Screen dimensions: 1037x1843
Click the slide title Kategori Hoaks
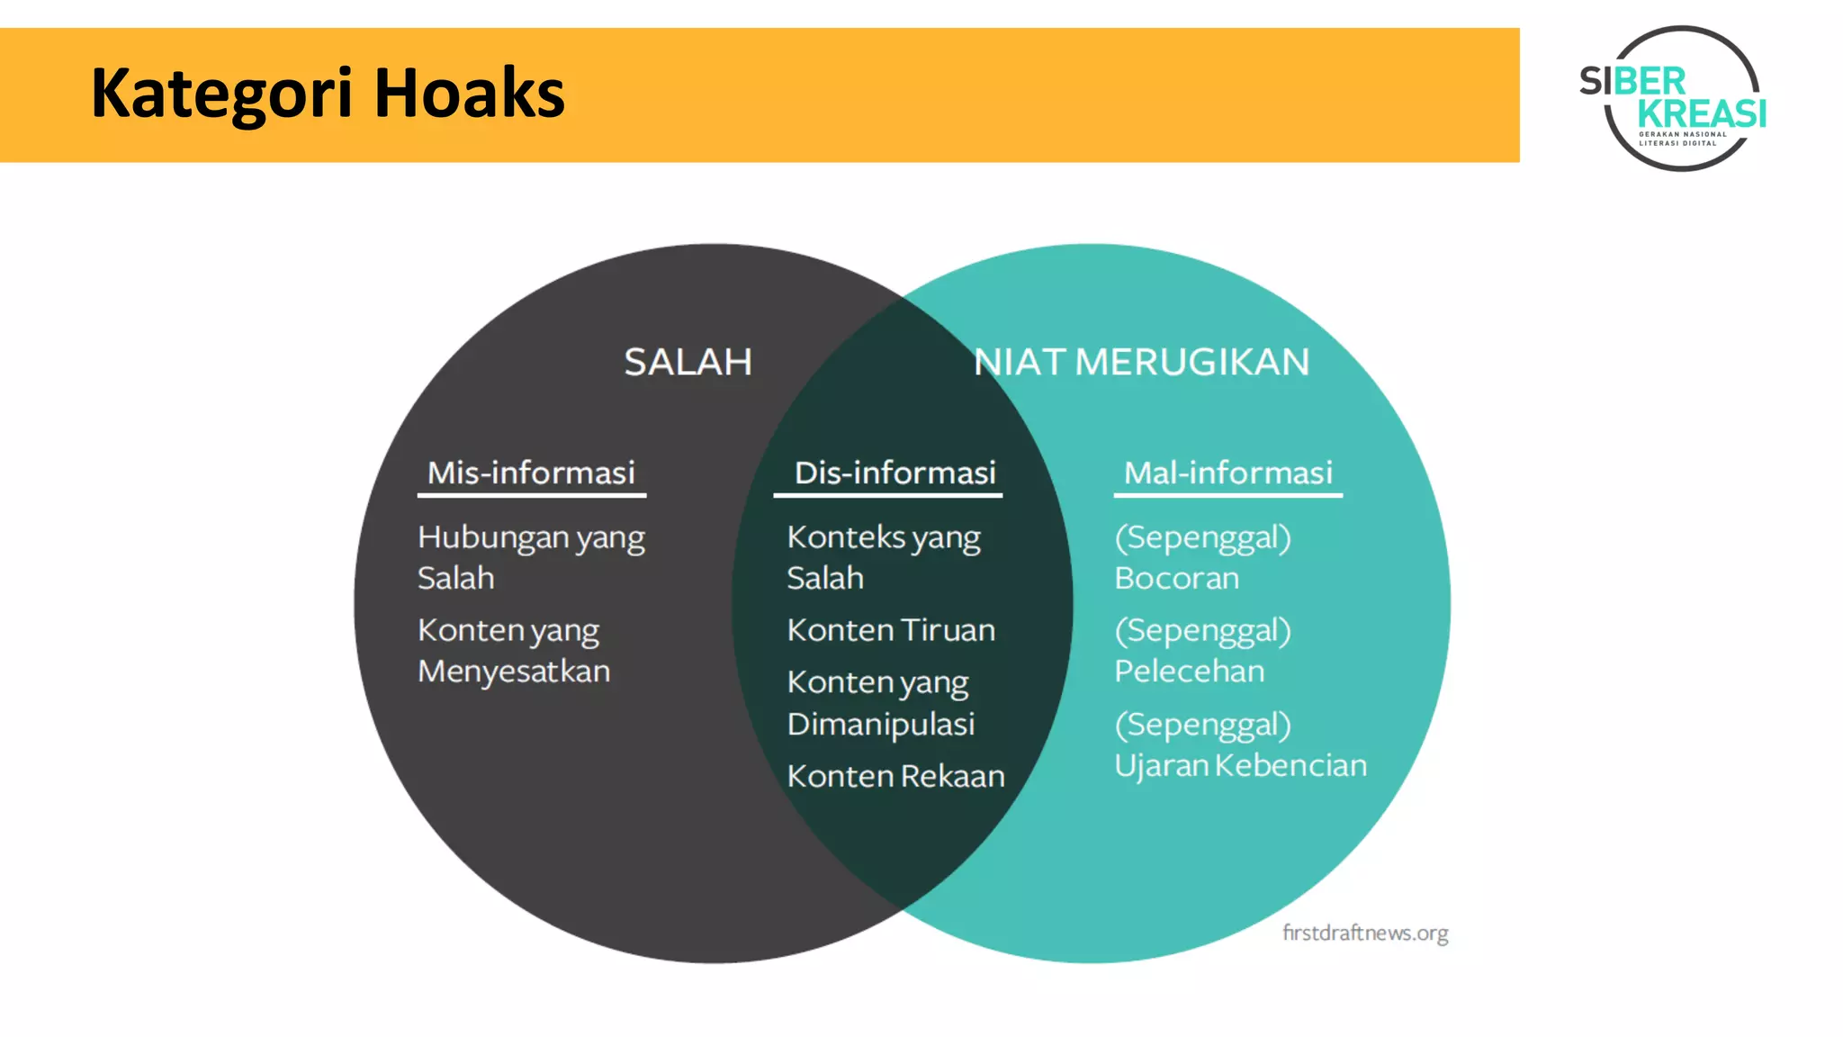point(328,94)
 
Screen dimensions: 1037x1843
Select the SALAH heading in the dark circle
point(688,362)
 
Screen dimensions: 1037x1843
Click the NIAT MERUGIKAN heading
point(1141,362)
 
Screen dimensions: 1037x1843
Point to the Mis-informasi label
point(531,473)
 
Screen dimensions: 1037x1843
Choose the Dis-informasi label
point(895,473)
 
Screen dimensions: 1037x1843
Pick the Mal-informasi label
point(1227,473)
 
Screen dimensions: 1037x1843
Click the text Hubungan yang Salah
point(531,557)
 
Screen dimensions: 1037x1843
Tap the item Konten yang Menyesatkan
point(514,650)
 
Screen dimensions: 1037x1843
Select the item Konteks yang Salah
point(883,557)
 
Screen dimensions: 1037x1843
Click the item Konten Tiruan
point(891,630)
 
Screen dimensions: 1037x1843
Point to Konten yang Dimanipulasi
point(880,703)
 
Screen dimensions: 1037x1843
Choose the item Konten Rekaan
point(895,776)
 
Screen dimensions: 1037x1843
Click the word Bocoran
point(1176,578)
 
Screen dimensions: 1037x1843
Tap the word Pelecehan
point(1189,672)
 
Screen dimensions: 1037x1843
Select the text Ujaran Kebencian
point(1240,765)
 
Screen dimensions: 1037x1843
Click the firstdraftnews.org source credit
point(1365,933)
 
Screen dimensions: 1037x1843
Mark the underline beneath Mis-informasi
point(531,495)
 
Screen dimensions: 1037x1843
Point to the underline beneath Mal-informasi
point(1227,495)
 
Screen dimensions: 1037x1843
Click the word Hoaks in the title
point(469,94)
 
